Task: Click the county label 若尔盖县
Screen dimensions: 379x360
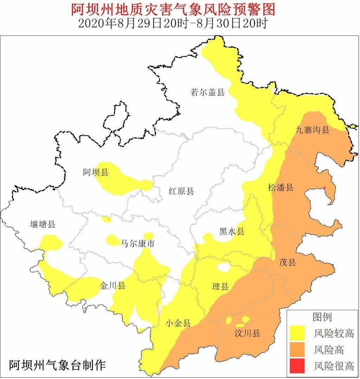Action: coord(207,93)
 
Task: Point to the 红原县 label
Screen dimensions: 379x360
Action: coord(181,191)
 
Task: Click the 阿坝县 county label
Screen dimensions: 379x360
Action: coord(96,172)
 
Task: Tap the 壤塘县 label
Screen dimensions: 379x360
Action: coord(43,224)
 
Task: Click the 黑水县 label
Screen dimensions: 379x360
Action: coord(231,231)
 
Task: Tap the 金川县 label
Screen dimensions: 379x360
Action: coord(112,285)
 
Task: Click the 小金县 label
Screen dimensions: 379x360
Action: coord(178,323)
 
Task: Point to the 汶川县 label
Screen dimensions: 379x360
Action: coord(247,333)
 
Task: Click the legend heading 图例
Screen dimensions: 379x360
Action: coord(322,317)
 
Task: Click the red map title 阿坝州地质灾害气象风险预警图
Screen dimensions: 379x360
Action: coord(173,10)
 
